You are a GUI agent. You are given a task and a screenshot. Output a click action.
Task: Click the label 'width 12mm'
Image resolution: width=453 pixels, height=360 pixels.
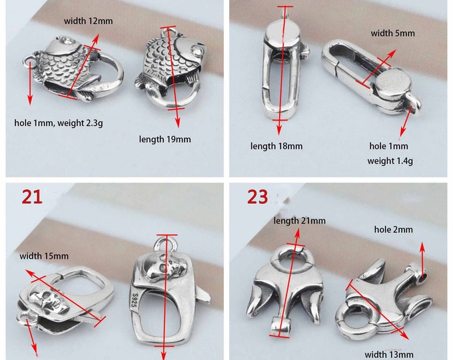88,21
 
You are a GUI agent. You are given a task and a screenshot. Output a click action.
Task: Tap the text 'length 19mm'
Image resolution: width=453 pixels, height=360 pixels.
165,139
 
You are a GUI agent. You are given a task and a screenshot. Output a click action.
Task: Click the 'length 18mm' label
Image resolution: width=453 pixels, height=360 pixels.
276,145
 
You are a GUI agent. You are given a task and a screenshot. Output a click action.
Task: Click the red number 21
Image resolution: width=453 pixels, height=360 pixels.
33,196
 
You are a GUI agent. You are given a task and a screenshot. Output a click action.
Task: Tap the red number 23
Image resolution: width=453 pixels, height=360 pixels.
258,196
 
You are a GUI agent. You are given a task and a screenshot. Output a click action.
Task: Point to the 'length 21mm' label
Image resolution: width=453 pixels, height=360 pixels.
300,220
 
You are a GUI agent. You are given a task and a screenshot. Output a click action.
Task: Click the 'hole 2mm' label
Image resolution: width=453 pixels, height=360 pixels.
393,229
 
